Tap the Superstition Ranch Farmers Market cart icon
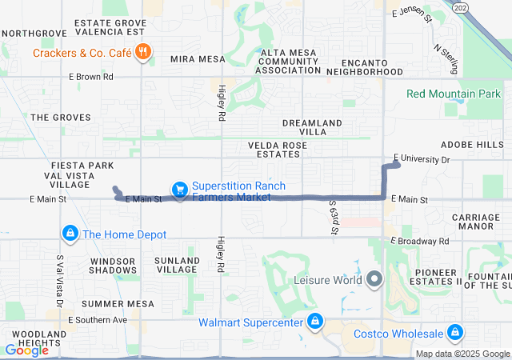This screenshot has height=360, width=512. click(180, 190)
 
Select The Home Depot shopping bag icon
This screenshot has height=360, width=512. click(70, 234)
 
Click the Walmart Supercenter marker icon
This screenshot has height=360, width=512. click(315, 322)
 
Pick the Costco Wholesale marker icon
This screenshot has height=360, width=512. click(455, 332)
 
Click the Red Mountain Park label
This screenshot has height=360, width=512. click(453, 94)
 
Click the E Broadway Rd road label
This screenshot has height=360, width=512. click(420, 240)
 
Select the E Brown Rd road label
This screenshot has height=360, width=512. click(90, 77)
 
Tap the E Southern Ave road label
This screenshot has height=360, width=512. click(98, 320)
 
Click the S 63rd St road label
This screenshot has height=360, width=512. click(334, 218)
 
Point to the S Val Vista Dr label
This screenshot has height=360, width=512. click(58, 281)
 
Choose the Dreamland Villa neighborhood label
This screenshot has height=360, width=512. click(312, 127)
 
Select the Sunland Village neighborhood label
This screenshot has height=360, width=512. click(177, 266)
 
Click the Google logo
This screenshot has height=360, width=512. click(26, 350)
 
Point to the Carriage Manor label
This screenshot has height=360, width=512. click(475, 222)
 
